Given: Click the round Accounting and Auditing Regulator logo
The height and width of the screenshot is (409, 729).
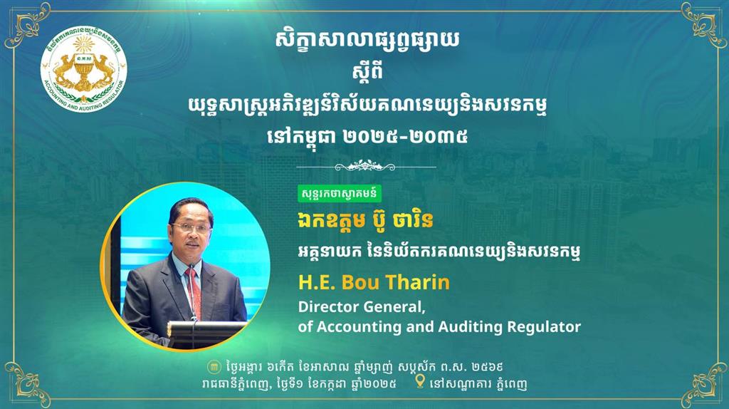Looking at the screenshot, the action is [84, 71].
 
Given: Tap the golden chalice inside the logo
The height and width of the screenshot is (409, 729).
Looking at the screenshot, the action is [84, 70].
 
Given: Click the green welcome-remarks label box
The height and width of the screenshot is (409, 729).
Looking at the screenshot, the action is [340, 194].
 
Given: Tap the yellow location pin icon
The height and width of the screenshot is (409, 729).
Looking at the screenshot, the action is [420, 381].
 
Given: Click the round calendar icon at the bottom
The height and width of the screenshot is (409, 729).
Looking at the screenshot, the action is [214, 367].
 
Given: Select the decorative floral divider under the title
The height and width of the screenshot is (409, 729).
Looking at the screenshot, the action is [366, 165].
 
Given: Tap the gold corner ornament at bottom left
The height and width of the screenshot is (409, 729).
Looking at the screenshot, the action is [26, 383].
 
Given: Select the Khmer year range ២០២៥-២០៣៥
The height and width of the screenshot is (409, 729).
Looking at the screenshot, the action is [405, 136].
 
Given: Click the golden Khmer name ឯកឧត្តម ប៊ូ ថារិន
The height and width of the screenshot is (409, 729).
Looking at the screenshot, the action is [365, 221].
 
